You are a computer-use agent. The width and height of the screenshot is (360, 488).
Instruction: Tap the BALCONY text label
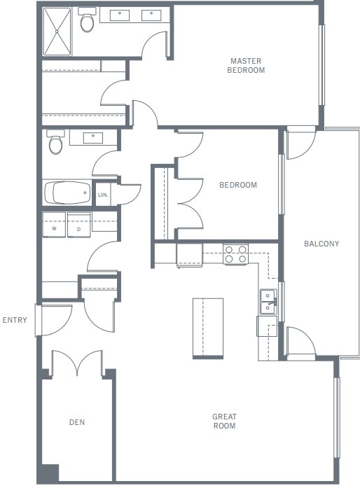[321, 244]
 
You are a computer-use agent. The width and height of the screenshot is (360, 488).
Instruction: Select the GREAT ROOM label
[224, 421]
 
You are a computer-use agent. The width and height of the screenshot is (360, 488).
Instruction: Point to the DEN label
[77, 422]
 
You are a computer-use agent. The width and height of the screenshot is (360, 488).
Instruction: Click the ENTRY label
[15, 320]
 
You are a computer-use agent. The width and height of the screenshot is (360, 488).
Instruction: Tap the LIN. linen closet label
[103, 195]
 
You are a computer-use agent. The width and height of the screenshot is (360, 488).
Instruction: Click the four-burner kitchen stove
[235, 254]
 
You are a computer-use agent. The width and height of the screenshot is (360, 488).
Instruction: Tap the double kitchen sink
[268, 302]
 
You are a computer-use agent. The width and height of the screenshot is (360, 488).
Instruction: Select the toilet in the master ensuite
[87, 23]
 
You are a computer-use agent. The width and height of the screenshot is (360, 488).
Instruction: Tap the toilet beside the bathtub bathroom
[55, 144]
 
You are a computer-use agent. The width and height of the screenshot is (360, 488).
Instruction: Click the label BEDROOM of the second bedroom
[238, 186]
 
